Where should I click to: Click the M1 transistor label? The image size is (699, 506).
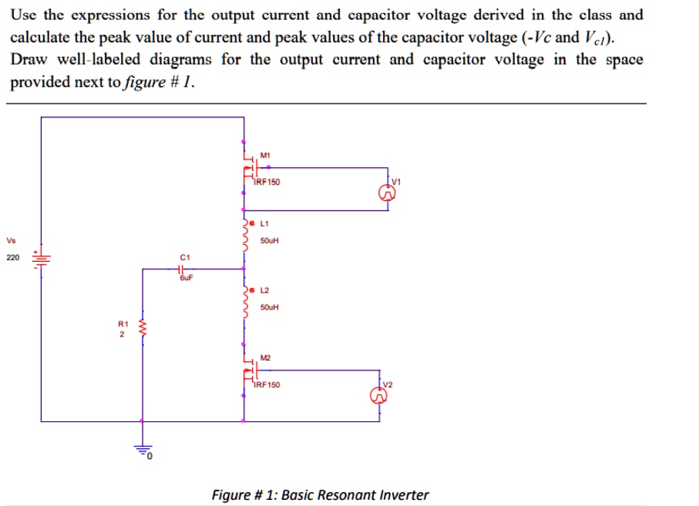coord(265,156)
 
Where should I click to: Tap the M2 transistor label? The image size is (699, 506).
coord(265,357)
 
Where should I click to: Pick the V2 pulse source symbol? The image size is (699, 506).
coord(379,396)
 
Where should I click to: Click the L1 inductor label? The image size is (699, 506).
coord(265,223)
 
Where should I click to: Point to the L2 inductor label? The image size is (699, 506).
coord(265,290)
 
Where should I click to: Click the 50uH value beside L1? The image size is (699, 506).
coord(269,240)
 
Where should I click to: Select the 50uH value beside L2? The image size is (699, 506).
coord(269,307)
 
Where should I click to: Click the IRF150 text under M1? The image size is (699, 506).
coord(268,183)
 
